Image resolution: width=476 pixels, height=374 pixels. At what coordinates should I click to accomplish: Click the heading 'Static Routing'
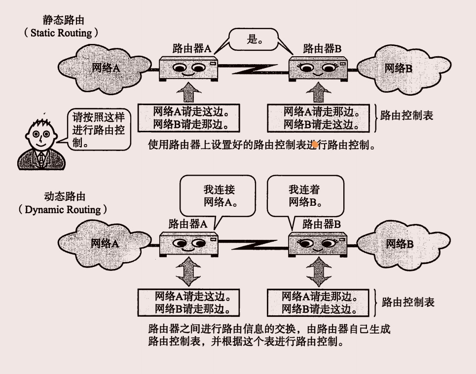click(61, 33)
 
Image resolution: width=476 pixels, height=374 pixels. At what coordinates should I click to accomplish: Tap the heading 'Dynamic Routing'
click(63, 209)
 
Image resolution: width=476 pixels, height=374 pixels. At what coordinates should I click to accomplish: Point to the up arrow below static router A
click(189, 92)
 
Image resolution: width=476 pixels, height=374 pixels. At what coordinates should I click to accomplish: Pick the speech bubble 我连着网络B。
click(305, 195)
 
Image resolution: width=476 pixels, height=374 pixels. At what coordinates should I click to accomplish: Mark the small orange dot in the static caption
click(314, 144)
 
